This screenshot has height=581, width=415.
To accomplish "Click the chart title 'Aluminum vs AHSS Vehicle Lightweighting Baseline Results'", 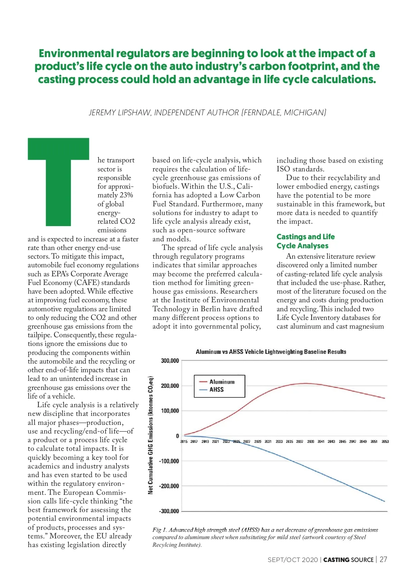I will pos(271,352).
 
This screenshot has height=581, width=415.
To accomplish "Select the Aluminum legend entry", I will pos(222,382).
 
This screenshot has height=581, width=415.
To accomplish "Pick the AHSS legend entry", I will pos(216,390).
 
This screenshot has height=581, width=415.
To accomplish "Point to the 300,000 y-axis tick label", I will pos(170,361).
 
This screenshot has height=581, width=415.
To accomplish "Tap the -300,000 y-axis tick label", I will pos(169,511).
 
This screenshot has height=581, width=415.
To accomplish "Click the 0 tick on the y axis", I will pos(177,436).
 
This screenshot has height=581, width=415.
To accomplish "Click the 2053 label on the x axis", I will pos(385,441).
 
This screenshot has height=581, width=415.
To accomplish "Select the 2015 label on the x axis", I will pos(184,441).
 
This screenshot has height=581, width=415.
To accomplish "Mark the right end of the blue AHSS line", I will pos(384,501).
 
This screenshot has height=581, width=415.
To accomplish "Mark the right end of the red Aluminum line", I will pos(384,398).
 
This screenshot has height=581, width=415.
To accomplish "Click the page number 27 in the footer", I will pos(383,560).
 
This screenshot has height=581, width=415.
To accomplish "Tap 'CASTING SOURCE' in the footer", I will pos(348,560).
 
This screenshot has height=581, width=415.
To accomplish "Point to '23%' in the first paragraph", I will pos(126,195).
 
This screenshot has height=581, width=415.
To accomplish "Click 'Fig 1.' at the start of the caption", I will pos(159,530).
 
